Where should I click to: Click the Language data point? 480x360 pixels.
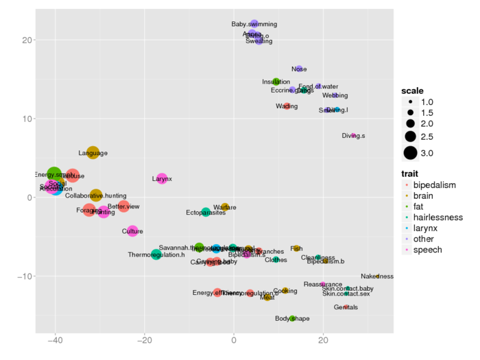pos(93,152)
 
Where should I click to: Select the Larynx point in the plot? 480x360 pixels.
pos(162,179)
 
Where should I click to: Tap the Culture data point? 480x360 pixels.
pos(132,231)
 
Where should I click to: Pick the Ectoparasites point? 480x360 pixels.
pos(206,213)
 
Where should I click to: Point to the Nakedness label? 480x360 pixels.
pos(377,276)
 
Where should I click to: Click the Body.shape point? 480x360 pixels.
pos(292,318)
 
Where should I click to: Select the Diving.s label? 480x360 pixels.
pos(353,136)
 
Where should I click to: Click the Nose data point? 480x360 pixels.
pos(299,69)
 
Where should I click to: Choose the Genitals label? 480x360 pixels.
pos(346,307)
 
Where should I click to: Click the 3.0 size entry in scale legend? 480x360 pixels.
pos(432,152)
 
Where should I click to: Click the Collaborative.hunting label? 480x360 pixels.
pos(96,196)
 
